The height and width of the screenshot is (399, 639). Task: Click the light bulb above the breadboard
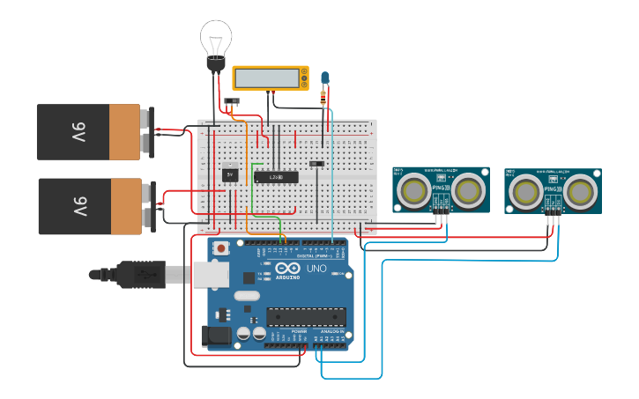tap(216, 39)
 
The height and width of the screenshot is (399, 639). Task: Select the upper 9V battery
tap(88, 131)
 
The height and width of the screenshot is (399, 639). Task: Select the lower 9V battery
tap(89, 206)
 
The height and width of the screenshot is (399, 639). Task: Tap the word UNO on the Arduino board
tap(315, 268)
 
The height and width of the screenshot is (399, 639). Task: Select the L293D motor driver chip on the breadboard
tap(276, 177)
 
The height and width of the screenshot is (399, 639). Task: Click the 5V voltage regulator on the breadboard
tap(230, 174)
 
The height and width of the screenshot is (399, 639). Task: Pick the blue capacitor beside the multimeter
tap(325, 79)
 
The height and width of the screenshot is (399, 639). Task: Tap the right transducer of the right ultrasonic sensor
tap(582, 190)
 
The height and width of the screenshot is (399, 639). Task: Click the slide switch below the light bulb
tap(233, 102)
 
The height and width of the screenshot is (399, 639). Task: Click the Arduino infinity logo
tap(287, 268)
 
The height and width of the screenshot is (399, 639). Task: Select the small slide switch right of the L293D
tap(316, 163)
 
